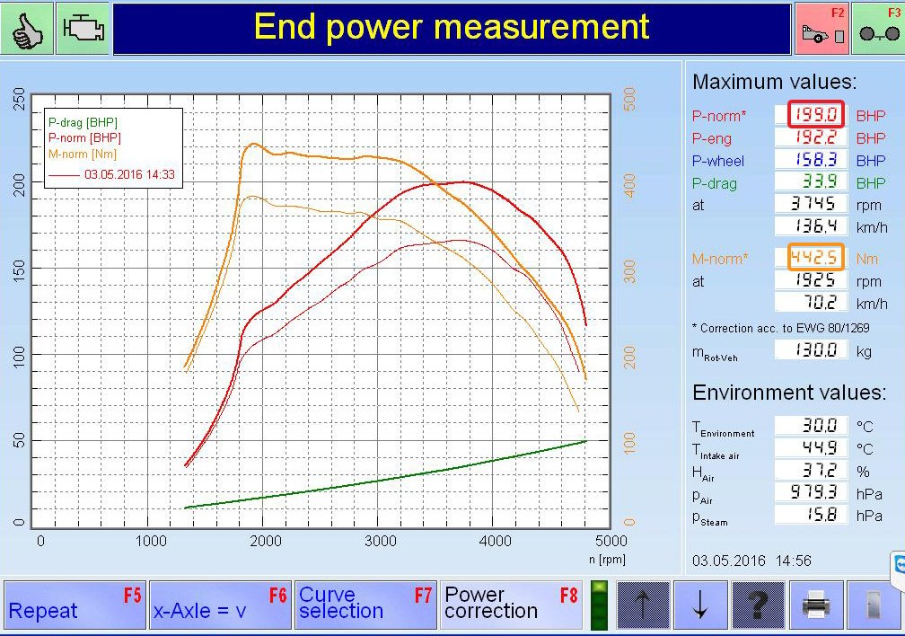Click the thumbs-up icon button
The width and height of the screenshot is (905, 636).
click(x=27, y=28)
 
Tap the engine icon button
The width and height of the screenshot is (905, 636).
click(x=83, y=28)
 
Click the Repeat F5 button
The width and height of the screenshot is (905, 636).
click(x=75, y=605)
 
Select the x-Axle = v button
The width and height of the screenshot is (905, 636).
click(x=221, y=605)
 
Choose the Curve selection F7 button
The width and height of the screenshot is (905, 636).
click(x=366, y=605)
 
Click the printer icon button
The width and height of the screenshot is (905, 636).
click(x=816, y=605)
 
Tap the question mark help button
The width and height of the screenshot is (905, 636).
click(x=759, y=605)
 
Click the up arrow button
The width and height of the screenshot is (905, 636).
click(x=643, y=605)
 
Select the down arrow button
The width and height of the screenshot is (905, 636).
click(x=700, y=605)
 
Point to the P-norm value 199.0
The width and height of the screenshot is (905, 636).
click(x=815, y=114)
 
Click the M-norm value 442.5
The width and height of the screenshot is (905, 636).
click(x=815, y=257)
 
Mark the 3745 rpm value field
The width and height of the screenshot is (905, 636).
click(x=811, y=203)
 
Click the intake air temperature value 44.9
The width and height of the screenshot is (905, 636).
click(x=811, y=447)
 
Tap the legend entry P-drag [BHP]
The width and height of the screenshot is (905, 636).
click(x=83, y=122)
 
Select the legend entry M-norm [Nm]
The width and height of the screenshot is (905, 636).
click(x=83, y=155)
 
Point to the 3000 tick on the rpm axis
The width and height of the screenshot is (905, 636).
click(x=381, y=542)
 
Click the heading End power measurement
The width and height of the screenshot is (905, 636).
click(x=452, y=27)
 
